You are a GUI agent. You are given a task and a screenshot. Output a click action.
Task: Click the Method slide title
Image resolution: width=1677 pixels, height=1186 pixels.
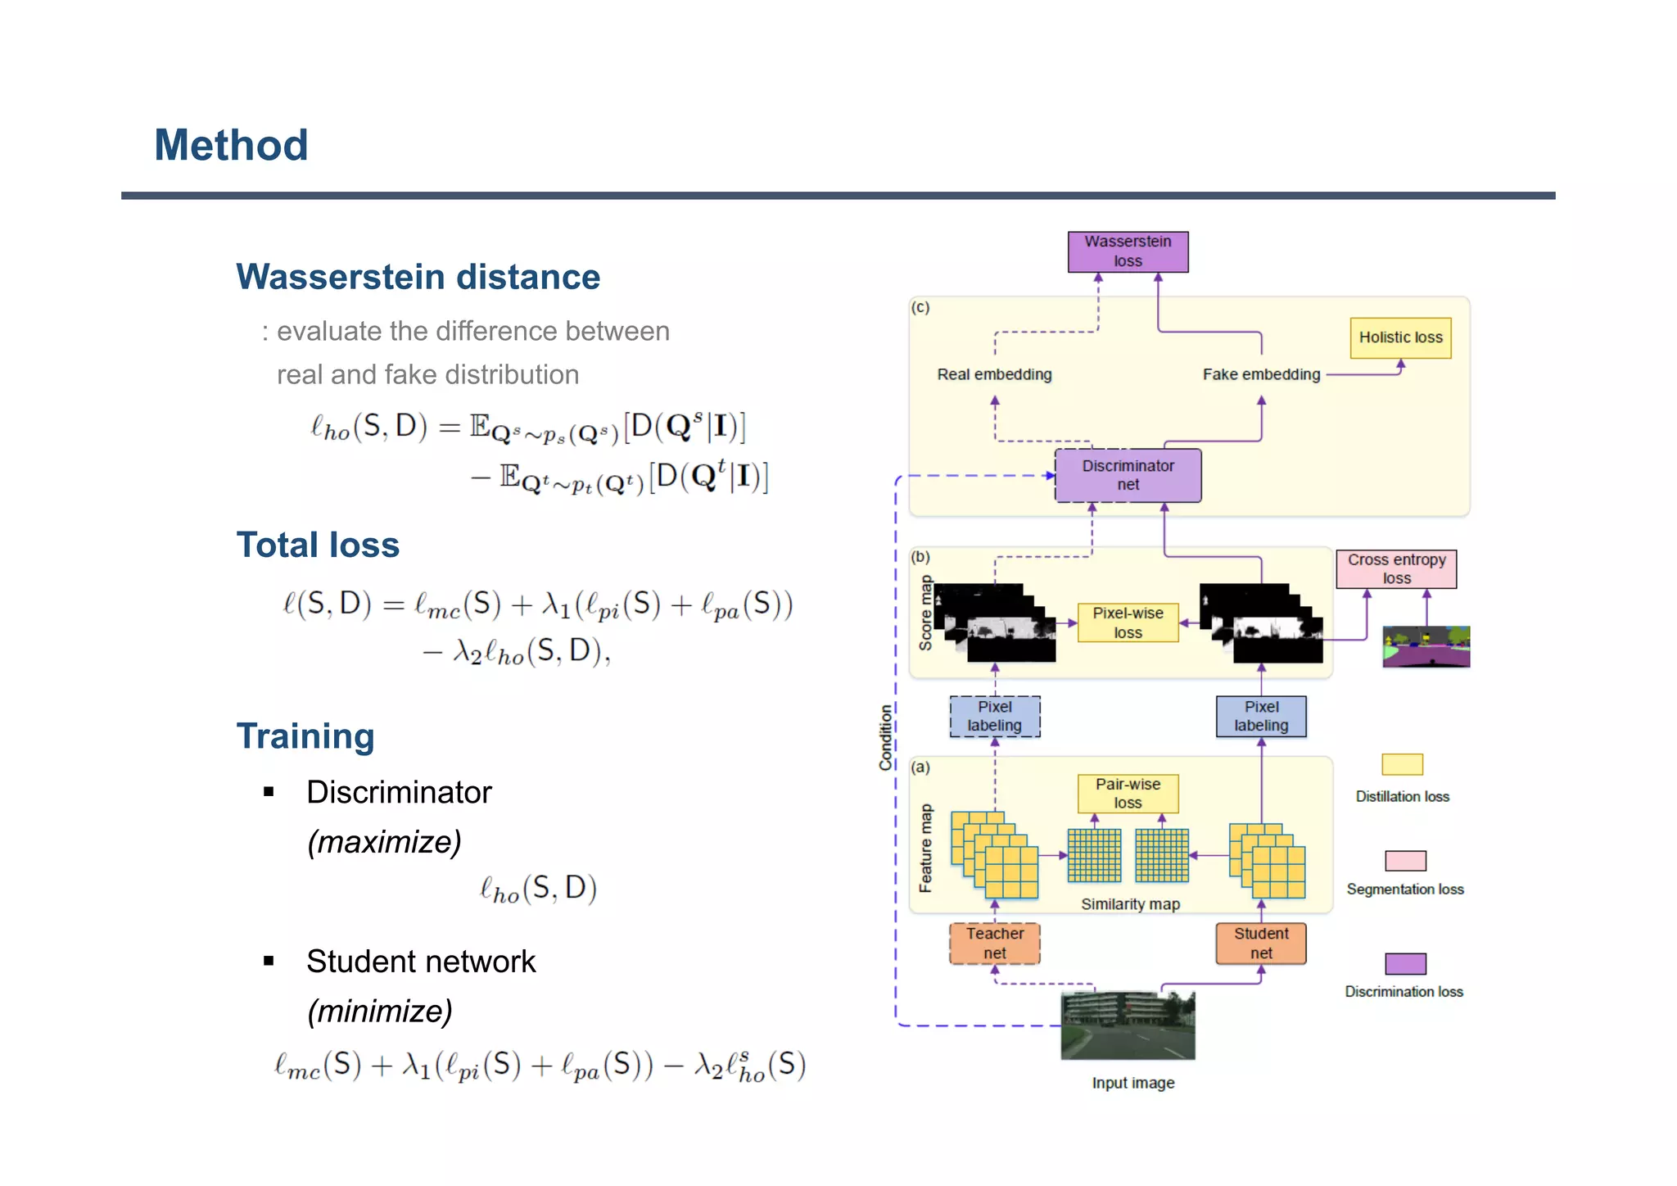click(231, 146)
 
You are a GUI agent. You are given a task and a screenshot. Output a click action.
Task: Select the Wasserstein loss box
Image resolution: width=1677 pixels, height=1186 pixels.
click(1128, 251)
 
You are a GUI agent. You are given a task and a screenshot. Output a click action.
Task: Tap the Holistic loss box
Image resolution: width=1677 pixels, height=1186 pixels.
click(1400, 337)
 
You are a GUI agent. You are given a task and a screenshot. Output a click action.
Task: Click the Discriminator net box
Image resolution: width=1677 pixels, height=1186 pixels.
click(1128, 475)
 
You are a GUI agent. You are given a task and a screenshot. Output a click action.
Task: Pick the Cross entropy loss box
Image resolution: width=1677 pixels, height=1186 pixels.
click(1396, 569)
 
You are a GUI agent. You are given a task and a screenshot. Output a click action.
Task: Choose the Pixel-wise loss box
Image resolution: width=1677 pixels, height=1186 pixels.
click(1128, 622)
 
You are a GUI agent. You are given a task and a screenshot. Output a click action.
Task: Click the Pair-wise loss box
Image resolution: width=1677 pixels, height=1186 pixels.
click(1128, 793)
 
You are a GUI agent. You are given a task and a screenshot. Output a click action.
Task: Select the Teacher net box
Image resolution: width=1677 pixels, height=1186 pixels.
click(994, 944)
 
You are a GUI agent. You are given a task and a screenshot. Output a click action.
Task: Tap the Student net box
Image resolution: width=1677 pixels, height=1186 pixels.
click(1261, 944)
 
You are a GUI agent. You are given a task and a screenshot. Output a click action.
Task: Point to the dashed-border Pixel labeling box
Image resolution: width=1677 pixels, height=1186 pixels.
click(994, 717)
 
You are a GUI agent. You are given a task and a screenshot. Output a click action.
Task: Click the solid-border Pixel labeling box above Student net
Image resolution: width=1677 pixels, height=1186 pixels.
click(1261, 717)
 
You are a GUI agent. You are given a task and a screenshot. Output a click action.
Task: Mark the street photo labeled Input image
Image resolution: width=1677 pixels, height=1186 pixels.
click(1128, 1025)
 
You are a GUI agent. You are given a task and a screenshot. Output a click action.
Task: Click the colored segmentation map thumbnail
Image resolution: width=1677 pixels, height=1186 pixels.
click(1426, 647)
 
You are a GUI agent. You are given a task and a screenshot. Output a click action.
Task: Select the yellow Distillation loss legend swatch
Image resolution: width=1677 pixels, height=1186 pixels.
click(1402, 764)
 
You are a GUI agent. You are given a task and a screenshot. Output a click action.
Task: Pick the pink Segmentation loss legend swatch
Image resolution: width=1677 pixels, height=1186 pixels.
click(1405, 861)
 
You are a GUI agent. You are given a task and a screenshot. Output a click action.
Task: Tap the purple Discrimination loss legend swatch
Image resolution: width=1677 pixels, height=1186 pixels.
click(1405, 964)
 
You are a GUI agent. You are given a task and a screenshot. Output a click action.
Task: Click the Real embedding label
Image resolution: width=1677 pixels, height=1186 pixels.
click(994, 374)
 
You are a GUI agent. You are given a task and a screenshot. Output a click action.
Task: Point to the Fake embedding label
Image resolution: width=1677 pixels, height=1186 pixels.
click(1261, 374)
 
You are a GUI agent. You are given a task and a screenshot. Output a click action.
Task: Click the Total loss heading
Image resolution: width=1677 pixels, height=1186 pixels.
click(318, 545)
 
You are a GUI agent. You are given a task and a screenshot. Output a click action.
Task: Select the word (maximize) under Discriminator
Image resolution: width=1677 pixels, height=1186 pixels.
click(384, 842)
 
